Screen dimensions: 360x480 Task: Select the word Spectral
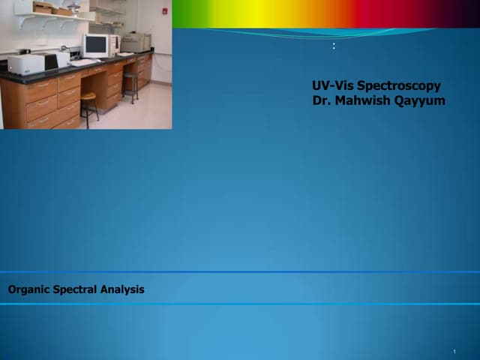coord(76,289)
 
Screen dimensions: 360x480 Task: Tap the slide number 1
coord(454,352)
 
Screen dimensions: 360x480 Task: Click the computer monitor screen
coord(95,45)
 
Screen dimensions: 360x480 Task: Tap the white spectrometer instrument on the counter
coord(26,64)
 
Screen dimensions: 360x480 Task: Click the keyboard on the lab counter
coord(83,63)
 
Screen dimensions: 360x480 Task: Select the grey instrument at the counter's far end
coord(135,42)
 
